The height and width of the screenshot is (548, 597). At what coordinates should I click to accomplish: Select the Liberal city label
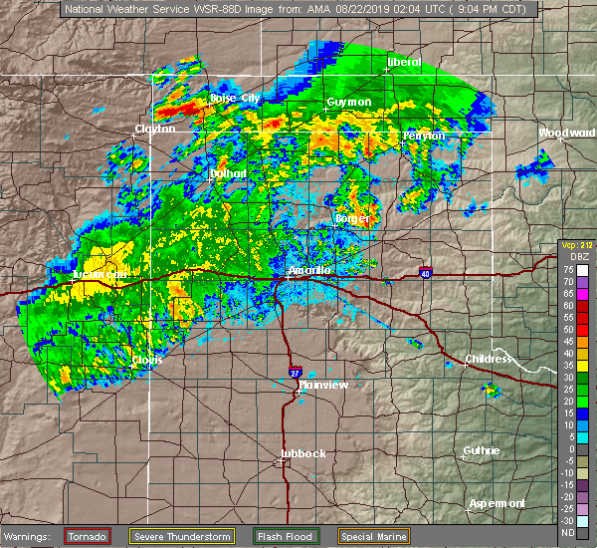(404, 63)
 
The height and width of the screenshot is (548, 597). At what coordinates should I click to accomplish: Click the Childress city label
(489, 358)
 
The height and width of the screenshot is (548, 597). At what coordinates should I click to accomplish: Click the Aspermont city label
(497, 503)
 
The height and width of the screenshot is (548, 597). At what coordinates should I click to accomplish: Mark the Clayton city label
(155, 129)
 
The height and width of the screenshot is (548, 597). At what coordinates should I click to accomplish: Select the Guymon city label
(349, 103)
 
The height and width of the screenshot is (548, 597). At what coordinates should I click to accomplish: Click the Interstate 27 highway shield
(295, 373)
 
